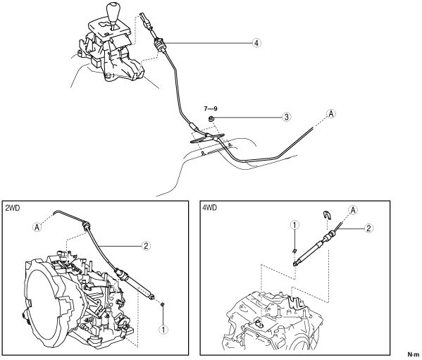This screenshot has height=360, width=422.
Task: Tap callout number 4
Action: click(x=256, y=43)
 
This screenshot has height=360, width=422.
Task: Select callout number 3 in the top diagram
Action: click(x=287, y=117)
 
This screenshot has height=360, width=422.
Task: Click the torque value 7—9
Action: click(x=211, y=108)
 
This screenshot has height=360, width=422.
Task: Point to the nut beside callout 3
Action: click(x=211, y=118)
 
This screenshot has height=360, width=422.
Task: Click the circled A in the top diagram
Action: click(x=331, y=114)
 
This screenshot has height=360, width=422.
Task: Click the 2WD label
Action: click(x=13, y=208)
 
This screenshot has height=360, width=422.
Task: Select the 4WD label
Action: click(x=209, y=208)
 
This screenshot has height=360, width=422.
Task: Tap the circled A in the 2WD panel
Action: click(x=37, y=228)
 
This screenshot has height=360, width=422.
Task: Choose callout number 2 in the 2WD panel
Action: click(x=146, y=246)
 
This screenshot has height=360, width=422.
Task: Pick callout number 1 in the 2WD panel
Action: click(x=163, y=329)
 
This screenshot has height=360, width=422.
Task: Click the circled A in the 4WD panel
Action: click(x=353, y=210)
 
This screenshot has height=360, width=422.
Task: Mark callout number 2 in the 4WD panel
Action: click(x=368, y=228)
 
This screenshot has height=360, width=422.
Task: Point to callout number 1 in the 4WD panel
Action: click(x=294, y=225)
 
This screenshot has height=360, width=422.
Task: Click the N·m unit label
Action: click(x=413, y=354)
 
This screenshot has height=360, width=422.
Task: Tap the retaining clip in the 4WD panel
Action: click(x=327, y=214)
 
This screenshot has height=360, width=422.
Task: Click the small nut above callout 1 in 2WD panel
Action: click(x=163, y=304)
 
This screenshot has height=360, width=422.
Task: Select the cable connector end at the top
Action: click(x=145, y=19)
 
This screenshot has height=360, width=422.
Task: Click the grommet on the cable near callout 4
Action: click(x=159, y=44)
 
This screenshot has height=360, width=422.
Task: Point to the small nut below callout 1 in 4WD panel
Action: click(x=294, y=251)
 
